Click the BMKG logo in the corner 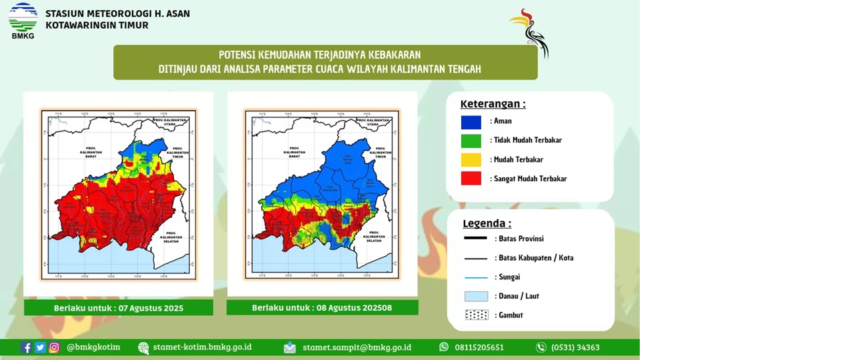[x=23, y=20]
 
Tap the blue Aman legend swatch [x=470, y=122]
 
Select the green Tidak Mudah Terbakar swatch [x=470, y=141]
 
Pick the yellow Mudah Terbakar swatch [x=470, y=160]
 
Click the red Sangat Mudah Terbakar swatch [x=470, y=179]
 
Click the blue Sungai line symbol [x=476, y=277]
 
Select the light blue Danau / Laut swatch [x=476, y=296]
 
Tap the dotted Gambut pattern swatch [x=476, y=315]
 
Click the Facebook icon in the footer [x=26, y=347]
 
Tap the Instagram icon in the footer [x=54, y=347]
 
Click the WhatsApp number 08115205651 [x=478, y=347]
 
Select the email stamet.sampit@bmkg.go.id [x=357, y=347]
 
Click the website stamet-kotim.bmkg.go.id [x=202, y=347]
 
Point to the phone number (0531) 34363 [x=574, y=347]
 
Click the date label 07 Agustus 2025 [x=119, y=308]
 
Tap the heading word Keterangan [x=492, y=104]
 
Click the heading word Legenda [x=486, y=223]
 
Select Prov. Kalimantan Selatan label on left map [x=171, y=237]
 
